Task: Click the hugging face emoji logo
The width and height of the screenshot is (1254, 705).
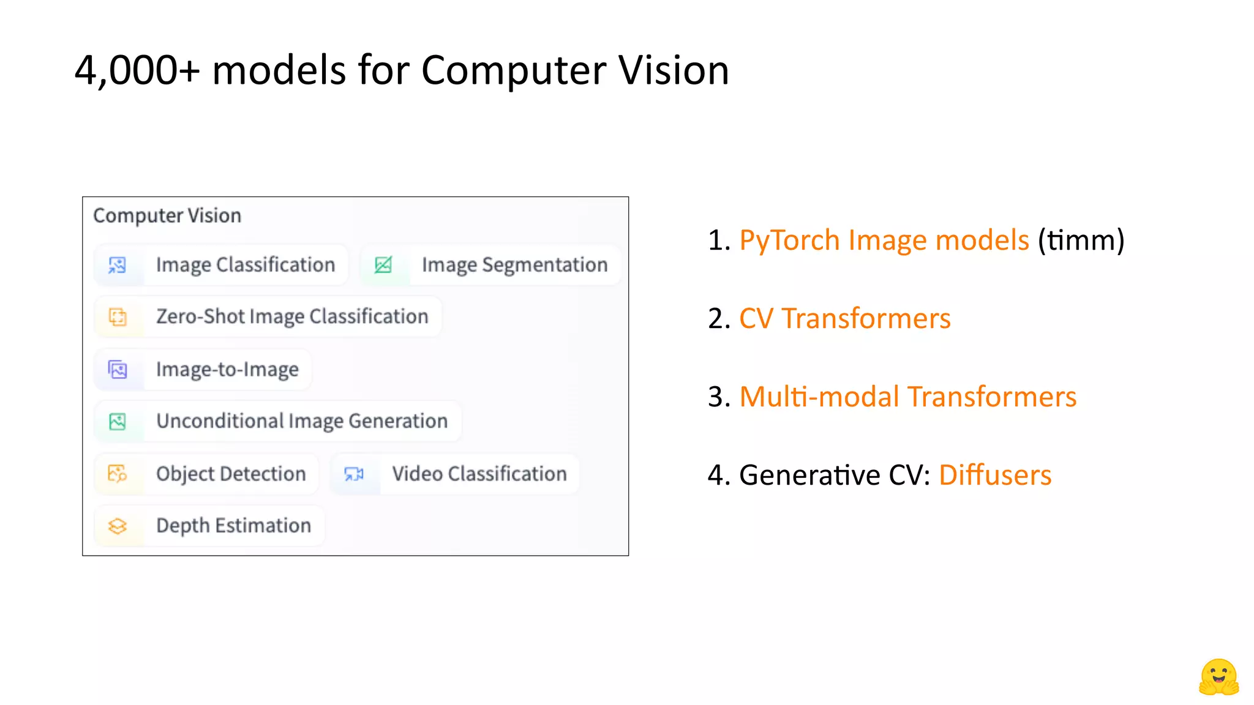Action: point(1218,677)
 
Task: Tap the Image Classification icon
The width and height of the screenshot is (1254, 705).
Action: point(118,265)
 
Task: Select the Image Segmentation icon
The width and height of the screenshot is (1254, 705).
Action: point(383,265)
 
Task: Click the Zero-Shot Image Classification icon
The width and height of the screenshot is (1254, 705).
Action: point(118,317)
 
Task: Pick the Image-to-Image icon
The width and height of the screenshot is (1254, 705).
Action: point(118,370)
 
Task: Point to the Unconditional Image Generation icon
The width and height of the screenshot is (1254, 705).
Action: point(118,422)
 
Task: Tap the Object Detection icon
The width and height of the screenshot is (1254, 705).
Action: point(118,474)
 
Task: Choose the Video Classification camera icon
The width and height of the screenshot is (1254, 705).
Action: point(354,474)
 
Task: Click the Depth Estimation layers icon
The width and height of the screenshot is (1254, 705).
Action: point(118,526)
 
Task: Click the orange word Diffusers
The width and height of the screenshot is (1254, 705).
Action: point(995,476)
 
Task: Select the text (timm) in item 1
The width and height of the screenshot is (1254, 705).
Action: point(1081,240)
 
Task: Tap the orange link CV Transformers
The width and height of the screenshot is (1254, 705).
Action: point(845,319)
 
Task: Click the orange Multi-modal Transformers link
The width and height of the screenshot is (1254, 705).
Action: point(907,397)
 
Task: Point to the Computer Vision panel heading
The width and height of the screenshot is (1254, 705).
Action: point(167,215)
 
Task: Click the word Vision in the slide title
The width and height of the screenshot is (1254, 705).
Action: point(674,70)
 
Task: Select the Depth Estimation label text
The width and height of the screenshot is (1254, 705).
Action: point(233,526)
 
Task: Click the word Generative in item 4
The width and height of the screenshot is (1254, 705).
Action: point(809,476)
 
